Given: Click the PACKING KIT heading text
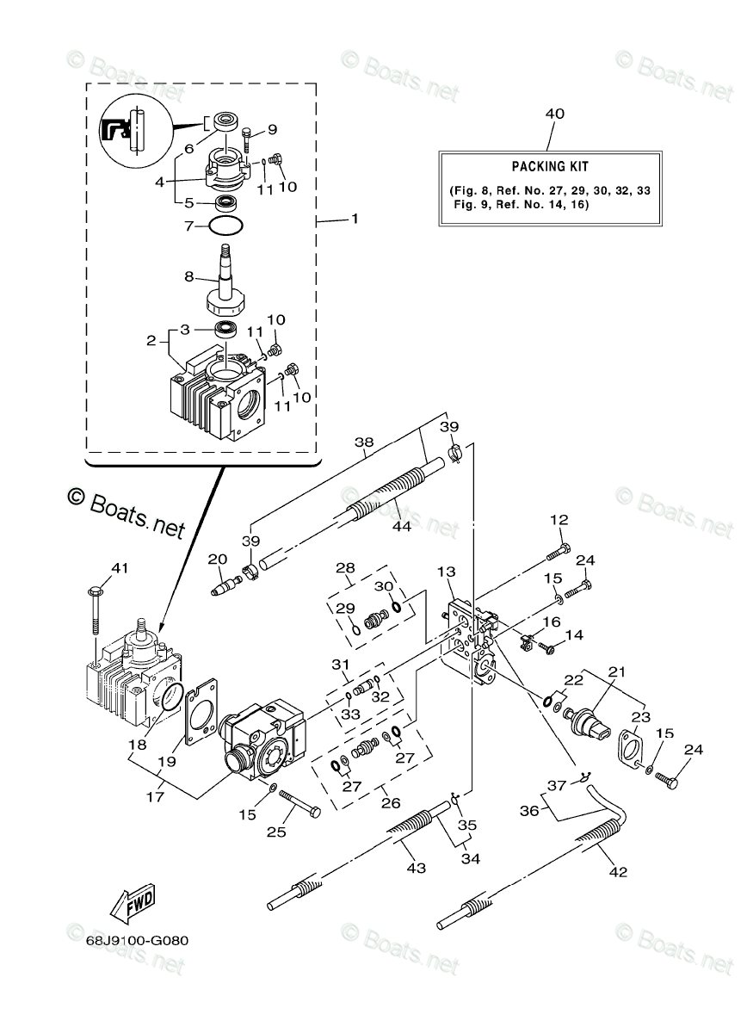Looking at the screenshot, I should [550, 166].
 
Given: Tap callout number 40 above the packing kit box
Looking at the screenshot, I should [554, 114].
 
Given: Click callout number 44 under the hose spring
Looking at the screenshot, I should [402, 527].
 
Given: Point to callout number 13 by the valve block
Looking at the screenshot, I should [447, 572].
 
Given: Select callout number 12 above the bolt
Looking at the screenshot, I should [559, 520].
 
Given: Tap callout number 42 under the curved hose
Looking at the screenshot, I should [618, 872].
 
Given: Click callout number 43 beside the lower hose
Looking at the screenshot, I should [416, 869].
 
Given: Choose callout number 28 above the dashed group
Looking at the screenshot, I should [345, 568].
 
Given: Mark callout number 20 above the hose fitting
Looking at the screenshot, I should [216, 560].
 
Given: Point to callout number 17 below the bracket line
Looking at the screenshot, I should [154, 797].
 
